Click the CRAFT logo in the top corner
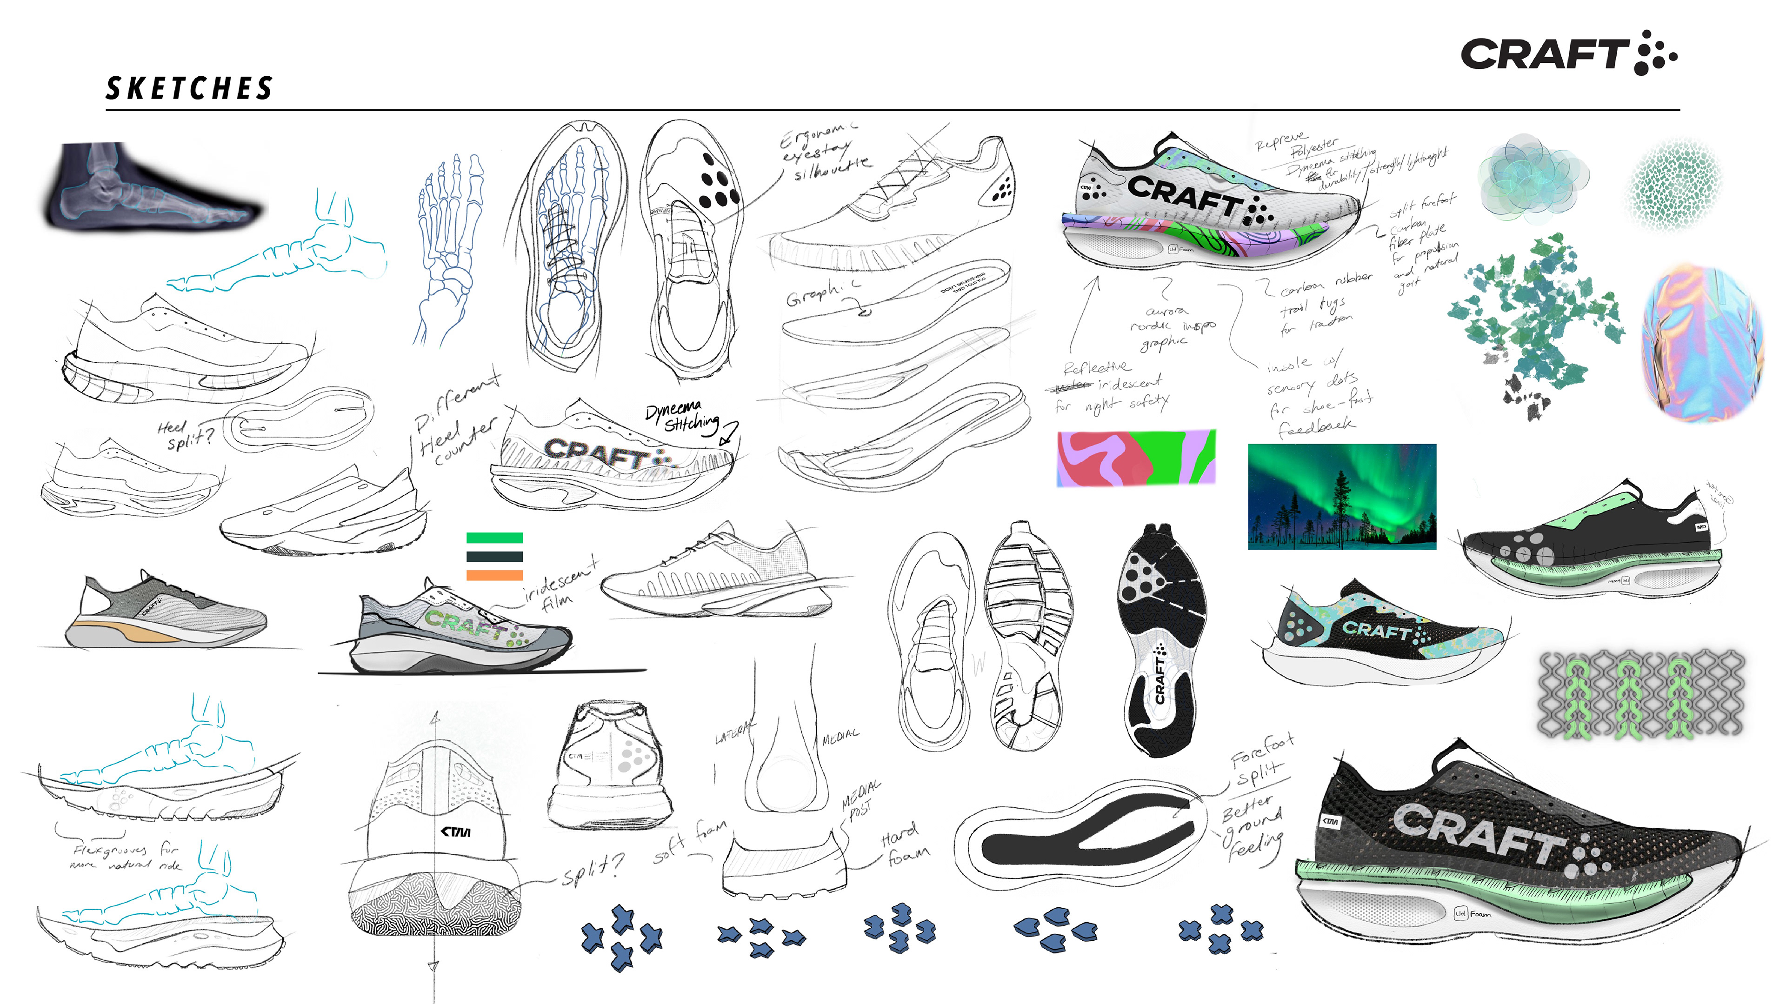tap(1568, 53)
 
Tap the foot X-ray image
tap(151, 186)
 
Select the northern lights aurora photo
tap(1341, 497)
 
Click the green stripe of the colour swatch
tap(494, 538)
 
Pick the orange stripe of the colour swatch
tap(494, 575)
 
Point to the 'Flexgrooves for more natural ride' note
tap(127, 856)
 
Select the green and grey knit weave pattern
tap(1640, 693)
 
